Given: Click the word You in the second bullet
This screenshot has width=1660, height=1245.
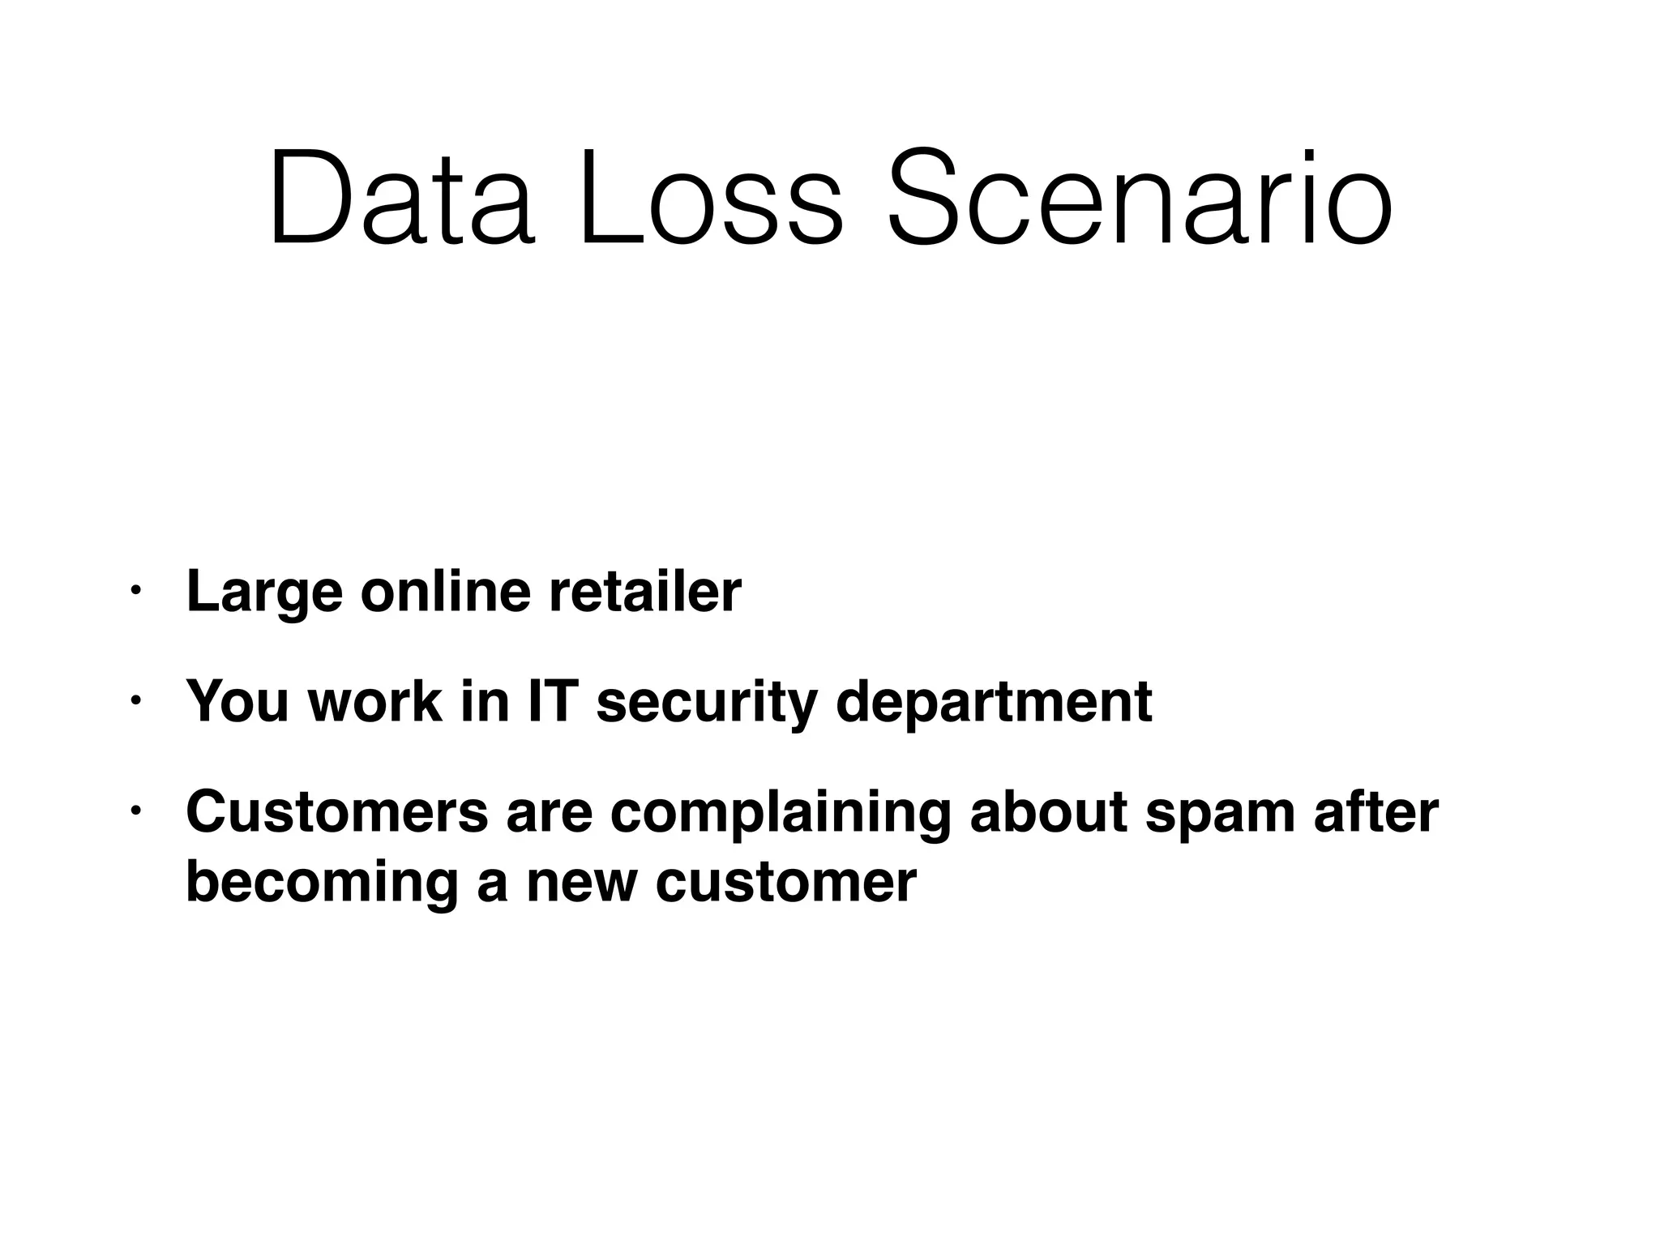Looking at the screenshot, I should (x=237, y=702).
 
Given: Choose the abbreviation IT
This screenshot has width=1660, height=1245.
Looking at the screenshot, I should (x=554, y=701).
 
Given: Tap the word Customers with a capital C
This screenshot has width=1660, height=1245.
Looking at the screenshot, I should (x=337, y=811).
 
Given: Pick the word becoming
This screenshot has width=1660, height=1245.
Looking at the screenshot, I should (x=322, y=883).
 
